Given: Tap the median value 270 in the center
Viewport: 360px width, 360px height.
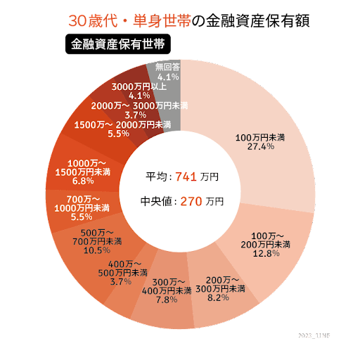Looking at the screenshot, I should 191,201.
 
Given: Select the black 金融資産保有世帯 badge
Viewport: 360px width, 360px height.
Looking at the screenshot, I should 117,44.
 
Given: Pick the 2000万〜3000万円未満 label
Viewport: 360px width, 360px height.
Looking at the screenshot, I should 139,105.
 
